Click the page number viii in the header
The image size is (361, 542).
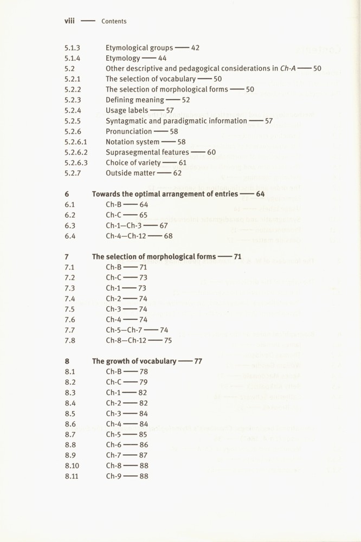(69, 21)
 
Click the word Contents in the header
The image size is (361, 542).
(114, 22)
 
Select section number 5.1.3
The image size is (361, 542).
(72, 48)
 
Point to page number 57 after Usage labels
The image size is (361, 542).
(170, 110)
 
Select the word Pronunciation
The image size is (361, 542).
(128, 131)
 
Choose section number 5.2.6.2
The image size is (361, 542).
(76, 152)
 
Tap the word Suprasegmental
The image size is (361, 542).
(132, 152)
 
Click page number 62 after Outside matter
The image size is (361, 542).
(177, 173)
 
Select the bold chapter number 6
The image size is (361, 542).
(67, 194)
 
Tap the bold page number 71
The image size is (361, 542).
(237, 257)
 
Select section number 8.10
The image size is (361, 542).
(72, 466)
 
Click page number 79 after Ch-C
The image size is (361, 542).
(143, 382)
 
